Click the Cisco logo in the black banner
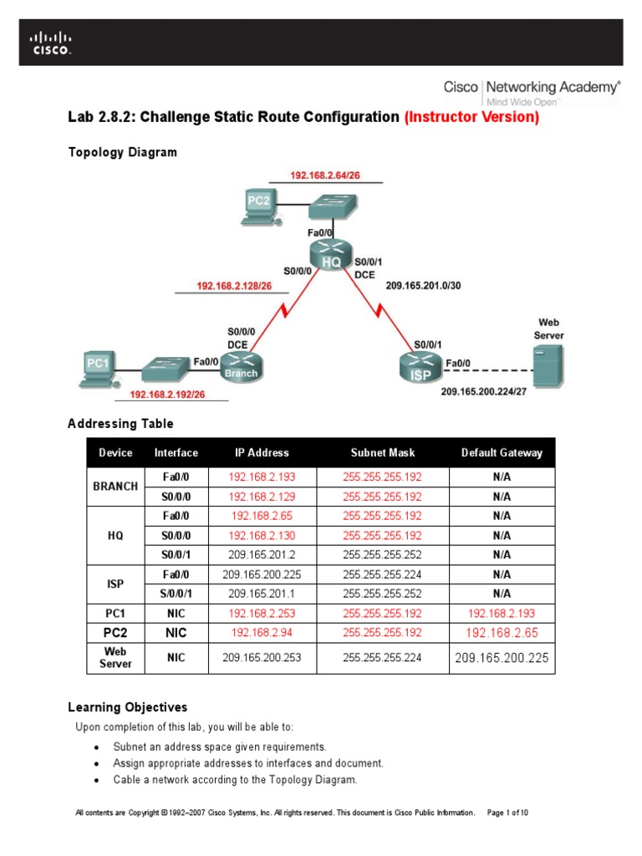click(x=51, y=43)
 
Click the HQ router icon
click(x=332, y=254)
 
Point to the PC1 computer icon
click(x=99, y=368)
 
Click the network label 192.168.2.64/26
click(x=325, y=176)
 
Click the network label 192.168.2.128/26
click(x=232, y=286)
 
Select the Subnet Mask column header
click(x=382, y=453)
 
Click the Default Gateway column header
click(x=502, y=453)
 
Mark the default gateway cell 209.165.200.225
click(x=502, y=658)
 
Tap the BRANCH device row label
click(x=115, y=487)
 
